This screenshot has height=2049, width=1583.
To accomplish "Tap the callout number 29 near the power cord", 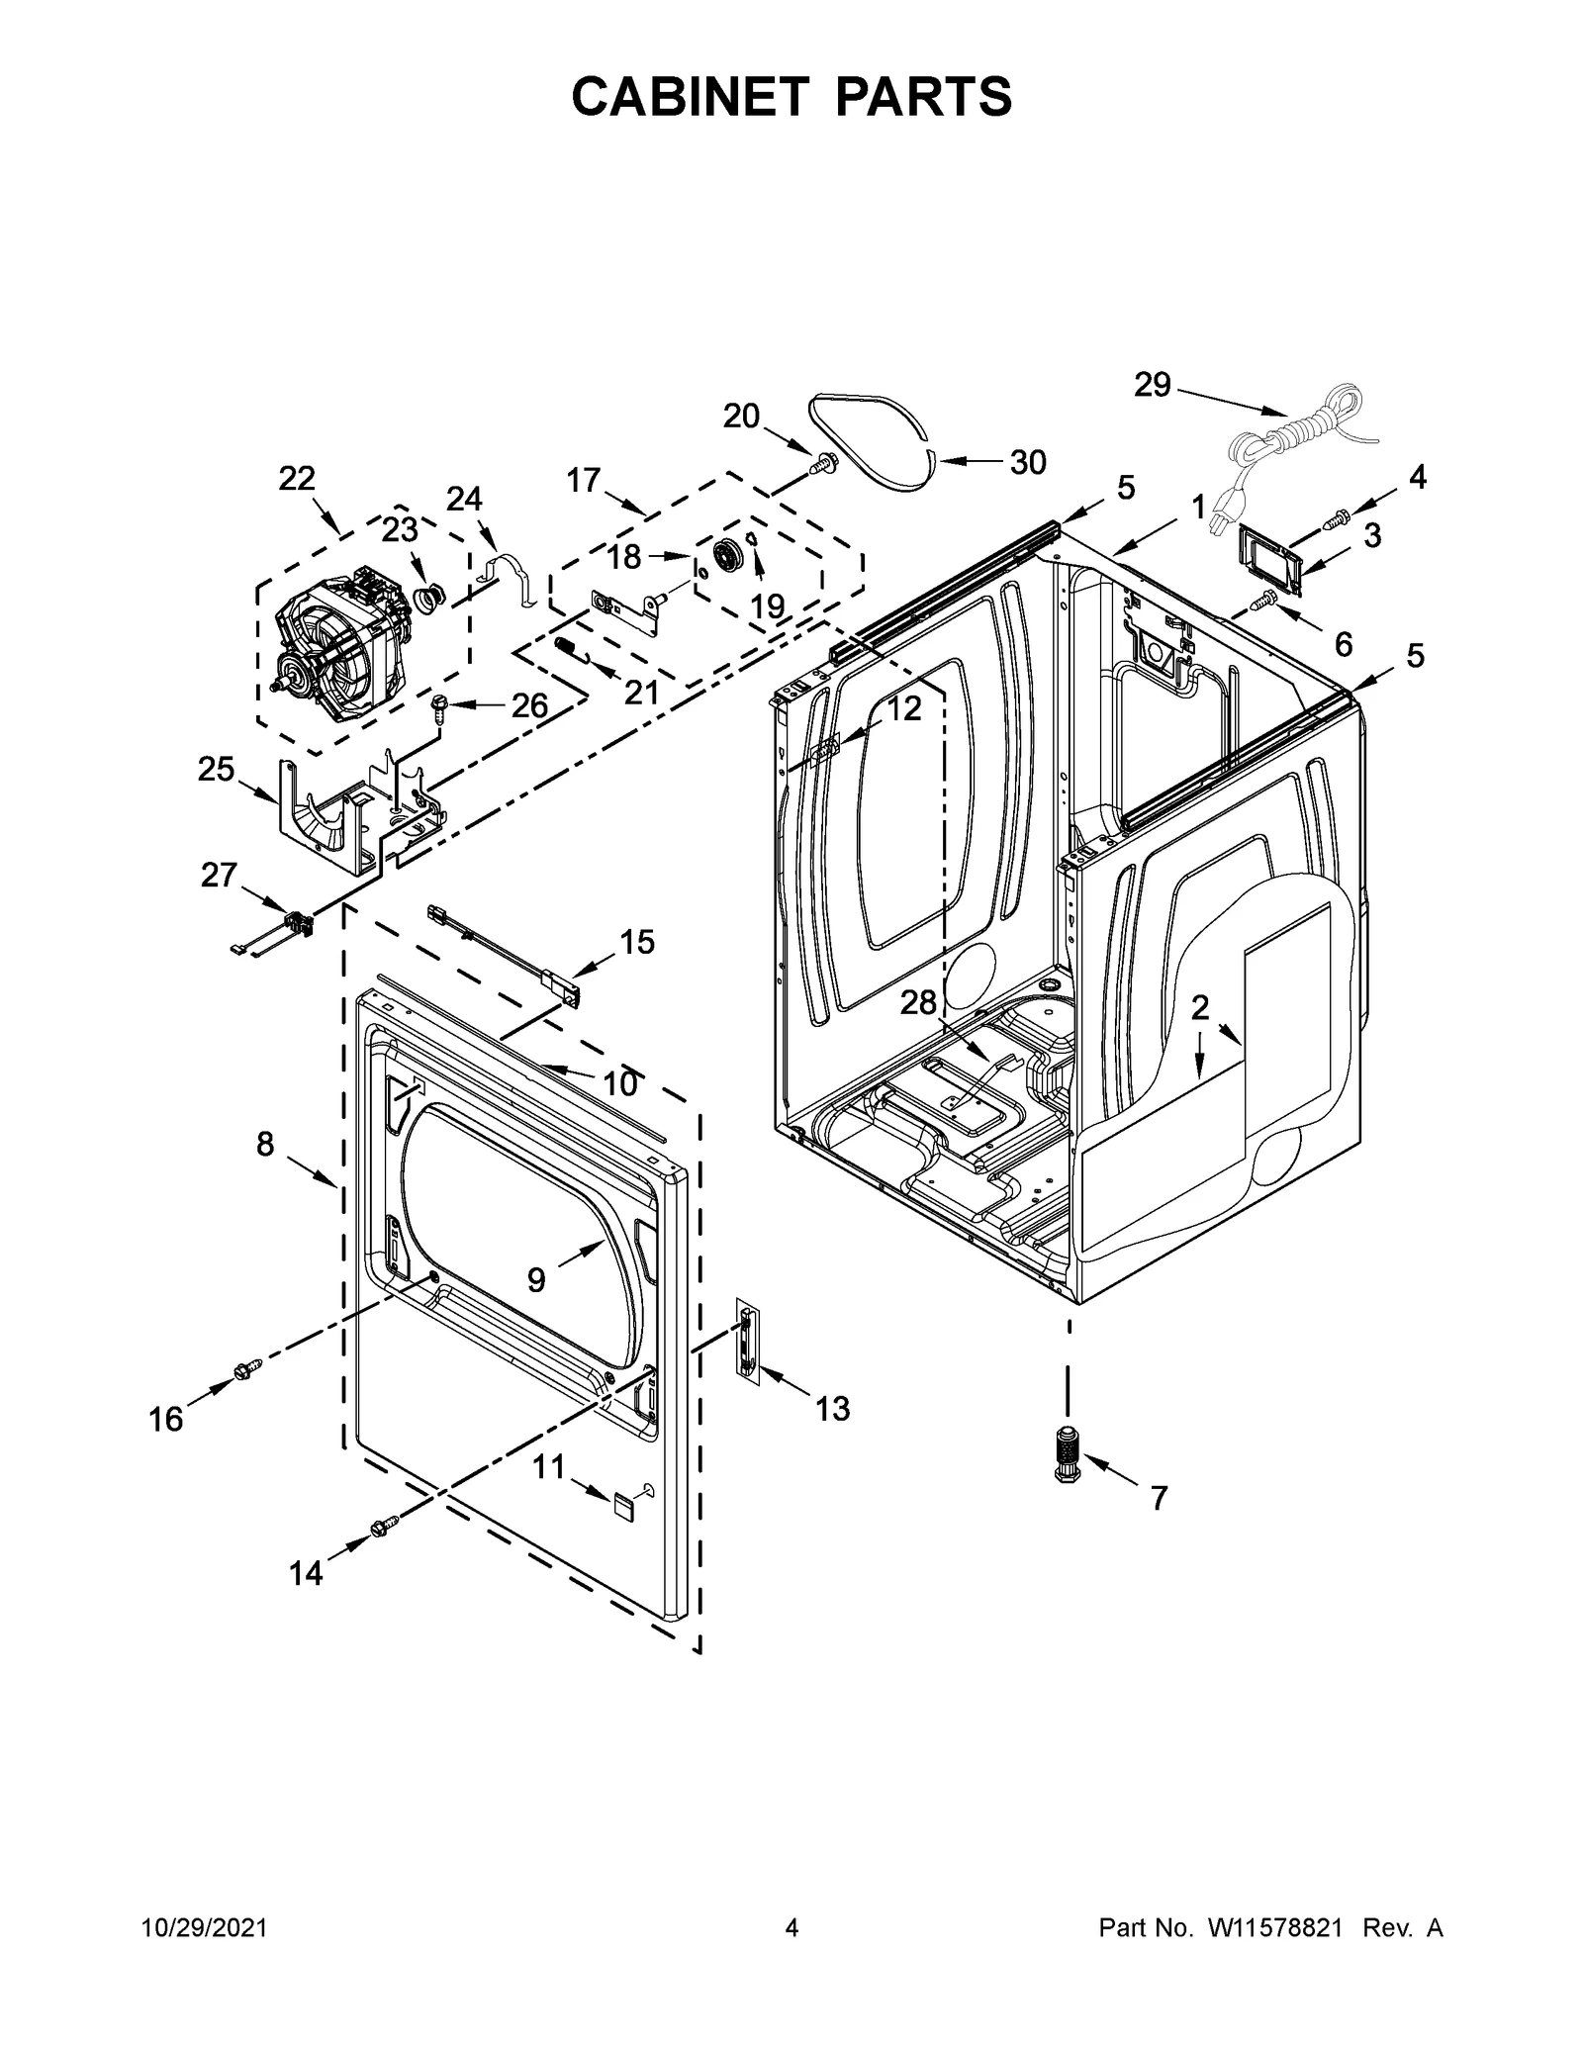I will [1152, 385].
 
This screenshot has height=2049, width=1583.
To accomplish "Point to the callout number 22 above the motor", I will [297, 479].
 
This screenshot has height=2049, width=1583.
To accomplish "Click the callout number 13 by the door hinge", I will [832, 1408].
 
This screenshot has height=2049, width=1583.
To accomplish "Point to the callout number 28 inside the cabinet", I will [918, 1003].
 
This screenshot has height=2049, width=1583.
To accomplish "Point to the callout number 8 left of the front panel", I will [265, 1145].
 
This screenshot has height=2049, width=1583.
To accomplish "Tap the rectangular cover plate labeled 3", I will [1268, 562].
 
